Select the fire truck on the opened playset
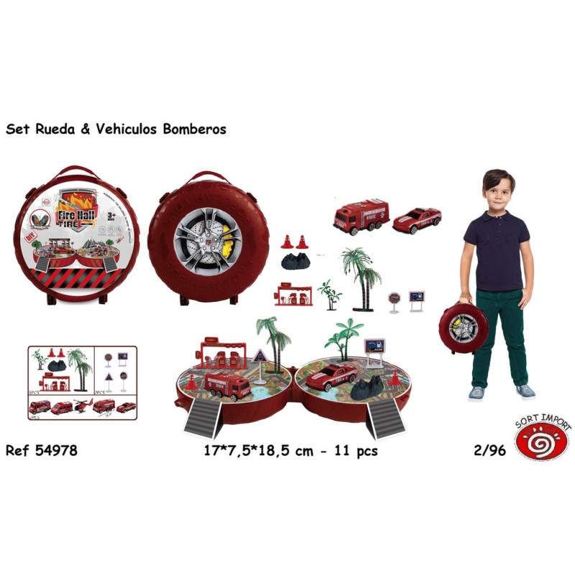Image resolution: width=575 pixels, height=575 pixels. point(227,385)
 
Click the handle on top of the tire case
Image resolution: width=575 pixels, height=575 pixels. point(198,177)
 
